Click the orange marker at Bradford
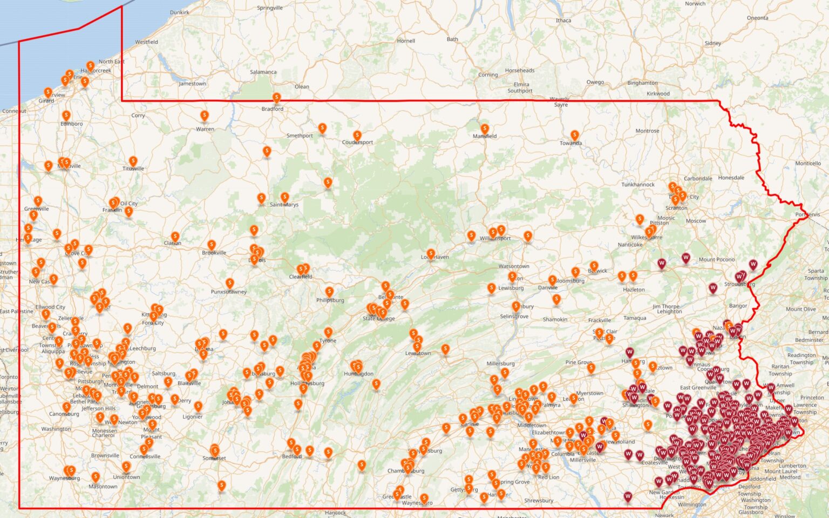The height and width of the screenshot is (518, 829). (x=276, y=98)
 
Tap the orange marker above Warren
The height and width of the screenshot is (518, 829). (x=205, y=116)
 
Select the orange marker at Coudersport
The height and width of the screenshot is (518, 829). (x=357, y=135)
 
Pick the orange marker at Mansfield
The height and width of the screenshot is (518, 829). (x=485, y=129)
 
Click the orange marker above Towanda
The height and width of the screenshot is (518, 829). (x=575, y=134)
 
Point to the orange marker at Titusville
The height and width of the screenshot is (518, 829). (x=133, y=161)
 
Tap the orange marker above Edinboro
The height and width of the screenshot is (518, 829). (x=66, y=116)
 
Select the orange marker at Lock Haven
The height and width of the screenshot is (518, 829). (x=431, y=253)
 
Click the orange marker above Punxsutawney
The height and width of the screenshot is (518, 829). (x=230, y=283)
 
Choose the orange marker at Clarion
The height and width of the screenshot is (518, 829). (x=175, y=236)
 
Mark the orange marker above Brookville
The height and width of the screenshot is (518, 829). (x=212, y=245)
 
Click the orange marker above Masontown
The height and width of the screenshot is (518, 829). (x=96, y=477)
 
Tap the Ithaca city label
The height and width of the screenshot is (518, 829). (x=563, y=21)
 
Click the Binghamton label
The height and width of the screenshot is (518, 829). (x=642, y=83)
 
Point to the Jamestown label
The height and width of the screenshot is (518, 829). (x=193, y=84)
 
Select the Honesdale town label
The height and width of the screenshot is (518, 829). (x=731, y=178)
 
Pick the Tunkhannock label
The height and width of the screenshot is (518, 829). (x=638, y=185)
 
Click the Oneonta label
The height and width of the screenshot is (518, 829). (x=757, y=18)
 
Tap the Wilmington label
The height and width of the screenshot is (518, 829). (x=692, y=504)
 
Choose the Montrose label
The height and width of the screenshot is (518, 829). (x=647, y=131)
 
